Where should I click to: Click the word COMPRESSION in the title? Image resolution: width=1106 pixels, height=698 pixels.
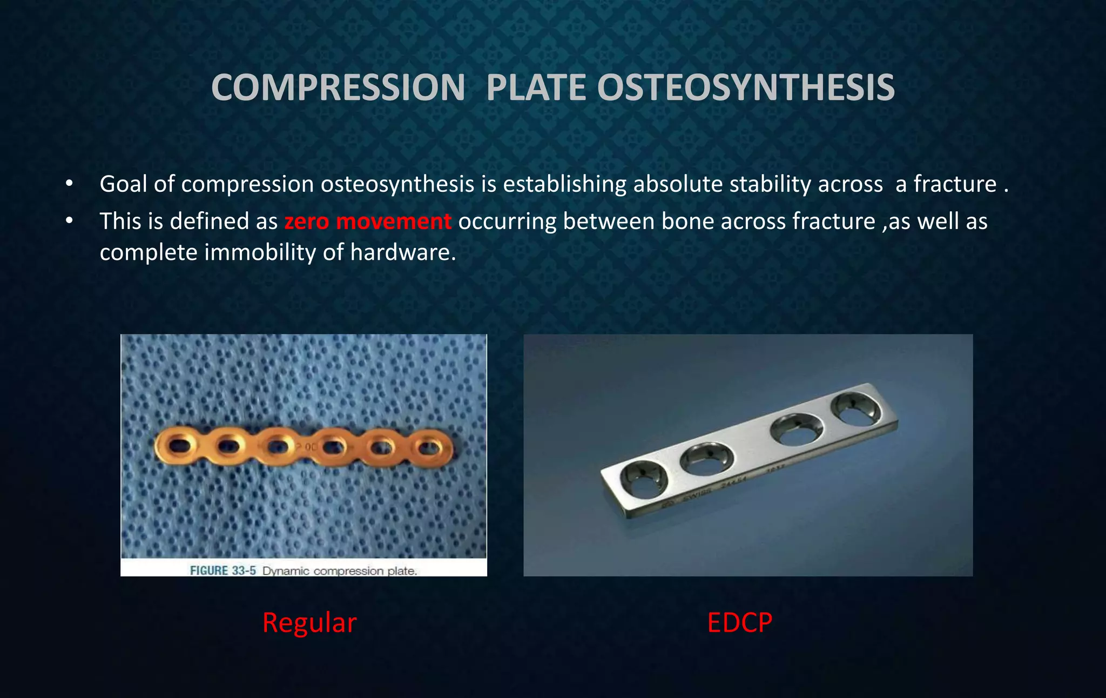click(x=338, y=88)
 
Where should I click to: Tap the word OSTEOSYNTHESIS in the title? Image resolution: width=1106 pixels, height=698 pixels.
click(x=746, y=88)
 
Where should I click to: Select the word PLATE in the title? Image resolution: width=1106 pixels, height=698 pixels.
click(x=536, y=88)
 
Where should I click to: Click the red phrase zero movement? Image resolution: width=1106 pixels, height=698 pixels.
click(x=367, y=222)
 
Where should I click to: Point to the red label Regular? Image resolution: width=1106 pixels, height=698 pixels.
click(x=309, y=622)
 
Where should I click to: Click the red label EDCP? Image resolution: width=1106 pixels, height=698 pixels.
click(x=739, y=622)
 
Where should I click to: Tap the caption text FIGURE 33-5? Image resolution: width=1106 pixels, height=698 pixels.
click(x=222, y=571)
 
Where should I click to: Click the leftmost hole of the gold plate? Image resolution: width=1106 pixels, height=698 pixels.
click(x=177, y=445)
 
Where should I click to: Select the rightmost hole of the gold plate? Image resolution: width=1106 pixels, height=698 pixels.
click(x=430, y=447)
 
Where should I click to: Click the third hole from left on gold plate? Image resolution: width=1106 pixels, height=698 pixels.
click(x=278, y=447)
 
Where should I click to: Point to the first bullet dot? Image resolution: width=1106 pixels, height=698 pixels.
click(x=69, y=184)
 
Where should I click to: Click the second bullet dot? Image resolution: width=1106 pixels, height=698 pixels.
click(x=69, y=222)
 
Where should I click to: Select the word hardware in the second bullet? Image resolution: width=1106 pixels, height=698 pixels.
click(x=402, y=252)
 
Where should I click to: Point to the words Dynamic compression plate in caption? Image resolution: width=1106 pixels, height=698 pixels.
click(x=340, y=571)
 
